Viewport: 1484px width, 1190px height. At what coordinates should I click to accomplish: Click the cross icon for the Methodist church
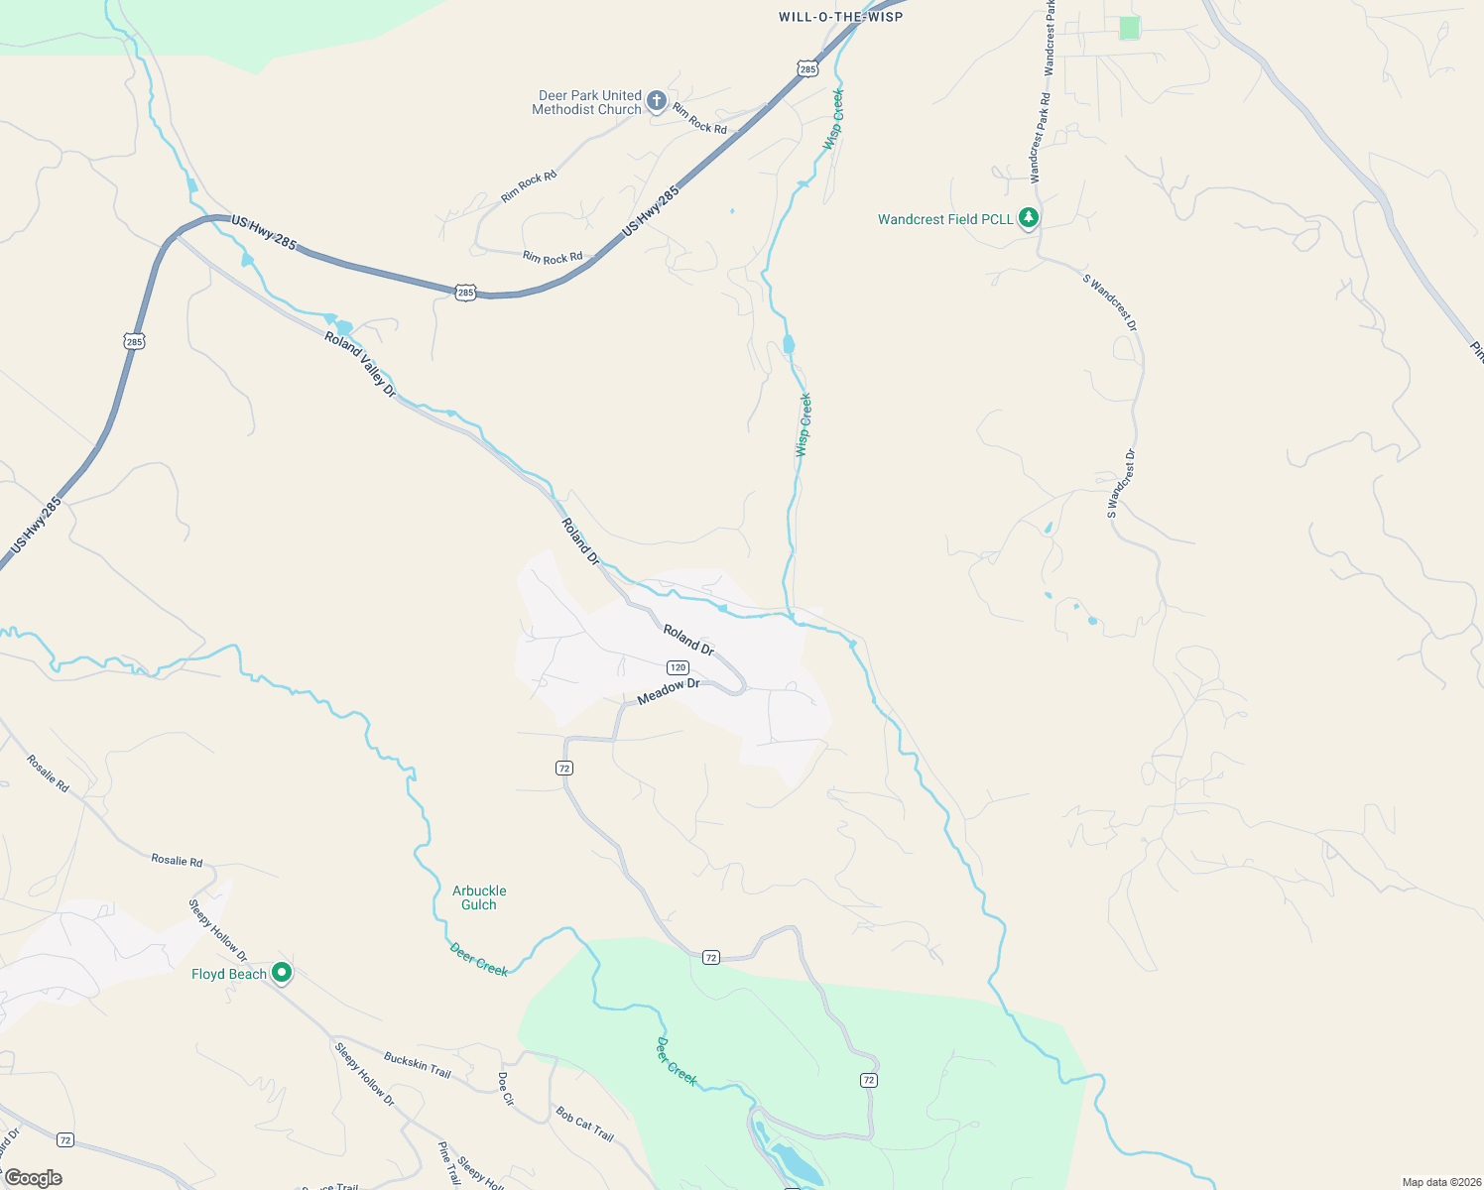tap(656, 100)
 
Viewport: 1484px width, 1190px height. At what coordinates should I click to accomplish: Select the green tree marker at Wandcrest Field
tap(1029, 217)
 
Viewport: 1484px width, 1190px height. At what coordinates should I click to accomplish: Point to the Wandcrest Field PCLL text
tap(945, 219)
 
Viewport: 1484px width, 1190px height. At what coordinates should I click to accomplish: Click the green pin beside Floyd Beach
tap(282, 974)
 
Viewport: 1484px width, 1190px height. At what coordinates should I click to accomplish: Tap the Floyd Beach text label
tap(229, 975)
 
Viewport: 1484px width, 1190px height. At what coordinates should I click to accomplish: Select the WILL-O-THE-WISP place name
tap(840, 17)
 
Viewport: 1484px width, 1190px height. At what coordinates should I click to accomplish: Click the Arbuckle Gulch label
tap(479, 897)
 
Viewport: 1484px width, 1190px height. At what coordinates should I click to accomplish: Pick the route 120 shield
tap(678, 667)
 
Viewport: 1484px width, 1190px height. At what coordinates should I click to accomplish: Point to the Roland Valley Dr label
tap(360, 365)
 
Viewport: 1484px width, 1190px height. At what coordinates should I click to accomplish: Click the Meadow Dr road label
tap(669, 691)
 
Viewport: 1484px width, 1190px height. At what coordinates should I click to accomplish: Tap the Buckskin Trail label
tap(418, 1066)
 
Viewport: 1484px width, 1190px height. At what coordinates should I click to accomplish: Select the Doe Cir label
tap(506, 1089)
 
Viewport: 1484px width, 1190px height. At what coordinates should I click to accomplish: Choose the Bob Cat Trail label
tap(584, 1124)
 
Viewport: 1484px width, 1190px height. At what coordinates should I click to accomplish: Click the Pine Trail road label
tap(448, 1163)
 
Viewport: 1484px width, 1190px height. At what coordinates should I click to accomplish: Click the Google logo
tap(33, 1178)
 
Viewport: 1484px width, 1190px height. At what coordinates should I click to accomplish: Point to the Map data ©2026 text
tap(1438, 1182)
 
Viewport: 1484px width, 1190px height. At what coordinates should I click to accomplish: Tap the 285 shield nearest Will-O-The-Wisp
tap(807, 68)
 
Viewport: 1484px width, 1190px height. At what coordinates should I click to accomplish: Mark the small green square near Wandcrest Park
tap(1129, 28)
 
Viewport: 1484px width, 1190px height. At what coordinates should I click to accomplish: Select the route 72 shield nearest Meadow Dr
tap(563, 768)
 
